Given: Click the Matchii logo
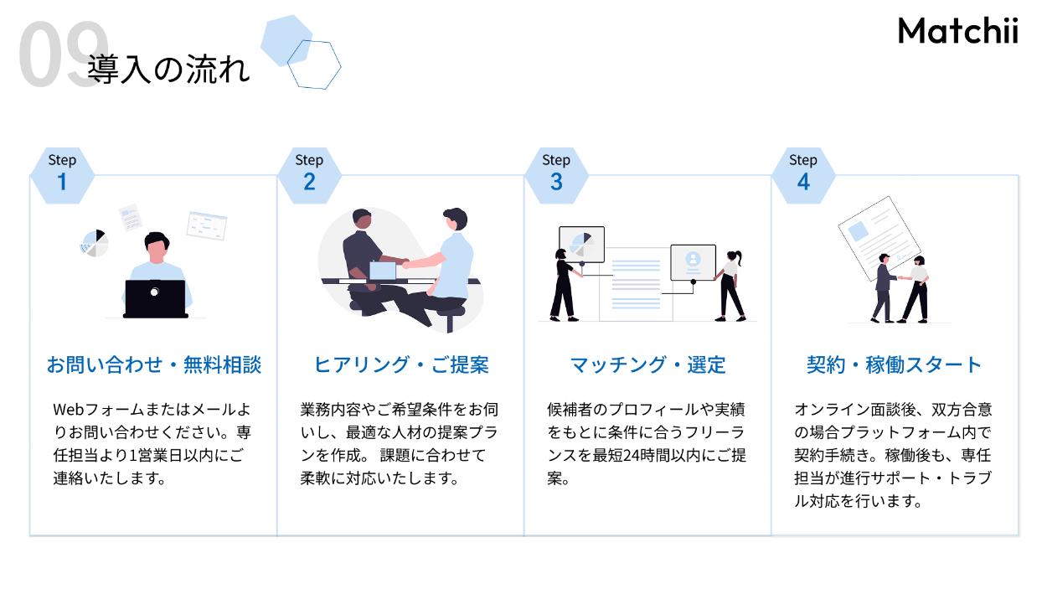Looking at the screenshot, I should (x=957, y=31).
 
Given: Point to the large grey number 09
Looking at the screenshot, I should (x=62, y=55).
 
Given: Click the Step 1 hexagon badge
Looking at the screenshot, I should (x=62, y=174).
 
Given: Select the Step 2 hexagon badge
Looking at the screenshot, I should (x=309, y=174).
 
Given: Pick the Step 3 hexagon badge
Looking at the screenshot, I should (x=556, y=174).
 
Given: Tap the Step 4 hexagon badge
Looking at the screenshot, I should (x=803, y=174).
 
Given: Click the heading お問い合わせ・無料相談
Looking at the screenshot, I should (x=153, y=365).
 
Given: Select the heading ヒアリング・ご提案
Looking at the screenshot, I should (x=400, y=365).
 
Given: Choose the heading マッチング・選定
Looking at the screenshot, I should (x=647, y=365).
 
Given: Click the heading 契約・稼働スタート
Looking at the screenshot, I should (x=894, y=365).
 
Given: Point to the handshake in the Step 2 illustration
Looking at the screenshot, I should (x=405, y=262).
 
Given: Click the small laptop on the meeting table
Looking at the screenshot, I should (x=383, y=271).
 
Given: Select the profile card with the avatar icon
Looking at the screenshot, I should (x=693, y=262).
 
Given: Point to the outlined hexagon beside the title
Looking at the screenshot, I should (x=314, y=65).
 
